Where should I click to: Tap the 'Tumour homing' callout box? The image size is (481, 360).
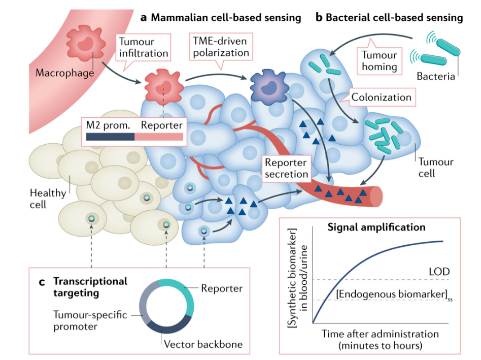click(x=379, y=59)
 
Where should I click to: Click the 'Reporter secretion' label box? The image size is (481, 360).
click(x=286, y=168)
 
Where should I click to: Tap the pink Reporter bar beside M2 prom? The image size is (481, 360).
click(x=159, y=137)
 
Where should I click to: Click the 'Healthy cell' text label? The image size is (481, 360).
click(x=48, y=199)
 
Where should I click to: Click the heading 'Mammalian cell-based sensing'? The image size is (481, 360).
click(x=226, y=18)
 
